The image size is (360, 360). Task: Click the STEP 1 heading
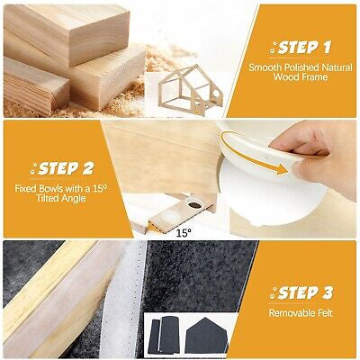tap(304, 48)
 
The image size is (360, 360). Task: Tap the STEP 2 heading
tap(66, 169)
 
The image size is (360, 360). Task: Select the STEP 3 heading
tap(305, 292)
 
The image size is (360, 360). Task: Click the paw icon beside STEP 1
tap(274, 49)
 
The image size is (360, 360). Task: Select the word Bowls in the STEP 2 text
tap(52, 189)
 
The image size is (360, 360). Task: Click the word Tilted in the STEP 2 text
tap(48, 198)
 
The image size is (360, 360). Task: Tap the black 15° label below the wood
tap(184, 233)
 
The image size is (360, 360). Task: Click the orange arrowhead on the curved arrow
tap(282, 170)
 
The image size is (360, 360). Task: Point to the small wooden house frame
tap(191, 90)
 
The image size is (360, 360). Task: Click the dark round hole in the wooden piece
tap(195, 205)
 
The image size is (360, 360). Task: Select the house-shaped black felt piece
tap(206, 336)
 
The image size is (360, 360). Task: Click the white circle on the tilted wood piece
tap(171, 216)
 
